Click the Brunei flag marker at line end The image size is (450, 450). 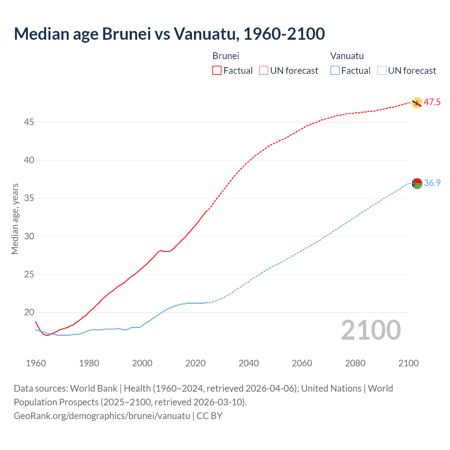[417, 103]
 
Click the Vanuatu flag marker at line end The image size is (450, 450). [417, 184]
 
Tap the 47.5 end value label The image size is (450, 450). [432, 102]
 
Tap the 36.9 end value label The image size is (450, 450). [432, 183]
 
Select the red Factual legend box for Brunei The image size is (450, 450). [217, 71]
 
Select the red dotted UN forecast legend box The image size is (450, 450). [264, 71]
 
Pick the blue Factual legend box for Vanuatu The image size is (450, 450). [335, 71]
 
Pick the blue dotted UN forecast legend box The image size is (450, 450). [381, 71]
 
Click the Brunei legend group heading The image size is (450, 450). [226, 56]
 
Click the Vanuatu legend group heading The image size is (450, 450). [347, 56]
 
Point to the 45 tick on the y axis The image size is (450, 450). [29, 122]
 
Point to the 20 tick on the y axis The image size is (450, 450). [29, 313]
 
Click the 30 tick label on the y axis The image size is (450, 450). [29, 236]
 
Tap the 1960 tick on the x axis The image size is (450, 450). [36, 363]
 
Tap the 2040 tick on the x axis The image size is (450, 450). [249, 363]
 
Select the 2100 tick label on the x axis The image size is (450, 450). [408, 363]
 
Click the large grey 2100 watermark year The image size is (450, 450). [371, 330]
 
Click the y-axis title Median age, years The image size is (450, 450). [15, 219]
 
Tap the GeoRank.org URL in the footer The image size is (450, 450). [102, 416]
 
